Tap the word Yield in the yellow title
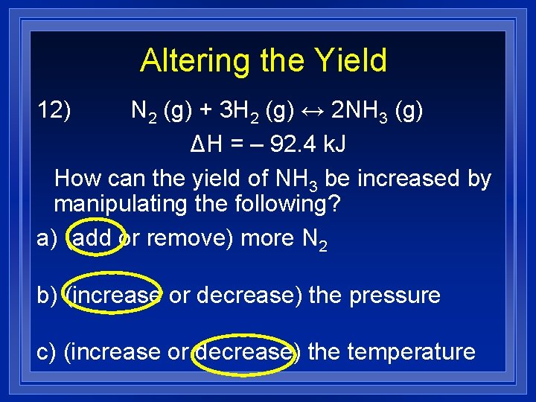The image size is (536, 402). point(350,61)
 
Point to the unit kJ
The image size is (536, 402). point(334,145)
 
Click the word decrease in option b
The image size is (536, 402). point(243,296)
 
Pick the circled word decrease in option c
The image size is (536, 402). point(243,351)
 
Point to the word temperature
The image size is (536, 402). point(411,351)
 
